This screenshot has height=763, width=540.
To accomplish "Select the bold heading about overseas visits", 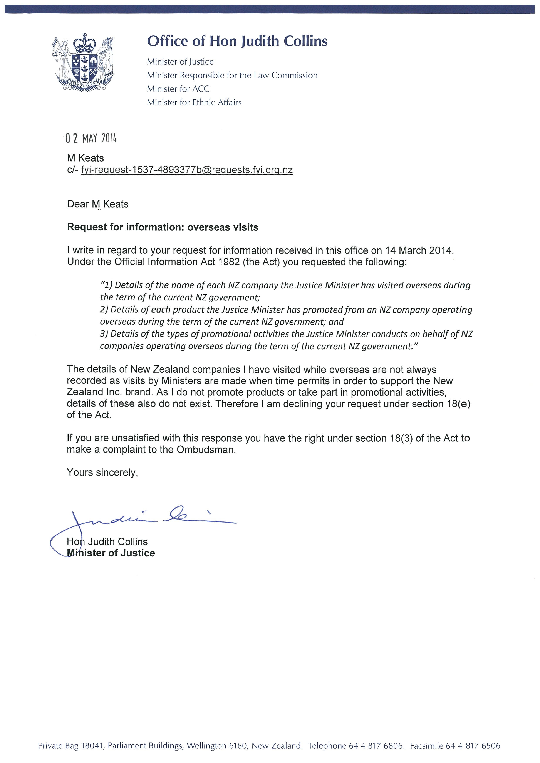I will point(163,227).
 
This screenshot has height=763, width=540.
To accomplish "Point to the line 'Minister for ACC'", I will point(178,89).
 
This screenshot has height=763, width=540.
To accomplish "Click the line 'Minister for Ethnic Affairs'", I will point(194,102).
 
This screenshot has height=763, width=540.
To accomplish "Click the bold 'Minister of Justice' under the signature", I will point(111,553).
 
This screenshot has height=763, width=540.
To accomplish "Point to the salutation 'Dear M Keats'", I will point(98,204).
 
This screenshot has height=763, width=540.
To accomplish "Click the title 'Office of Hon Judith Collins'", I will point(237,41).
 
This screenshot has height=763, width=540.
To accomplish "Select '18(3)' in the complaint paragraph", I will point(401,438).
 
